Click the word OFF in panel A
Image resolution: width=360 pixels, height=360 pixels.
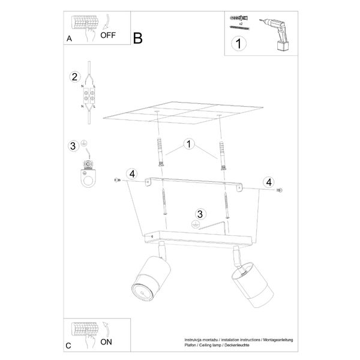[x=108, y=35]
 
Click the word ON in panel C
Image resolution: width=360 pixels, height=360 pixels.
[x=106, y=342]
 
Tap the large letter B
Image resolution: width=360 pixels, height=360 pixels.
[x=138, y=38]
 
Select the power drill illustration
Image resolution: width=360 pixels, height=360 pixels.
[x=275, y=34]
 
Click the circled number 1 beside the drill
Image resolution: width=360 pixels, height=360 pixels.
[x=239, y=44]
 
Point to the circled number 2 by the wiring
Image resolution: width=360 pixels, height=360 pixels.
[x=75, y=77]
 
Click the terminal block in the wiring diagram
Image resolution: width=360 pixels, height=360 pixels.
[x=89, y=96]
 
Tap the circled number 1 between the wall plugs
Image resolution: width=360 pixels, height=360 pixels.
[x=189, y=144]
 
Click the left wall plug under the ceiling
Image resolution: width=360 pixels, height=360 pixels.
[x=160, y=152]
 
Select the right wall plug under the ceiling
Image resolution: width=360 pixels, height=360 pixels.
[x=223, y=155]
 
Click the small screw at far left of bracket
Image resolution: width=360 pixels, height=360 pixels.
[x=118, y=180]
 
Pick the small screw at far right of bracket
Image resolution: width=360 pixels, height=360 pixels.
[x=279, y=190]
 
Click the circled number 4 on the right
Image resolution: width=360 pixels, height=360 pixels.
[x=269, y=182]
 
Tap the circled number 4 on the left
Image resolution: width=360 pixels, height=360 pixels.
[x=132, y=174]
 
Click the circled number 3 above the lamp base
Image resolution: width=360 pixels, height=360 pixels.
[x=200, y=214]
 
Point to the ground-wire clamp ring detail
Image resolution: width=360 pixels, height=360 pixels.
[x=88, y=174]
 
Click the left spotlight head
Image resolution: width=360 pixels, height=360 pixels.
[x=151, y=278]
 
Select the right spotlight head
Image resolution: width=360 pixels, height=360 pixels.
[x=252, y=284]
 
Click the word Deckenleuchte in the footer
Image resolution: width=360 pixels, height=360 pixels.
[x=237, y=345]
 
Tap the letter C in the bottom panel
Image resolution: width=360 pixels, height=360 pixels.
[x=68, y=346]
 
